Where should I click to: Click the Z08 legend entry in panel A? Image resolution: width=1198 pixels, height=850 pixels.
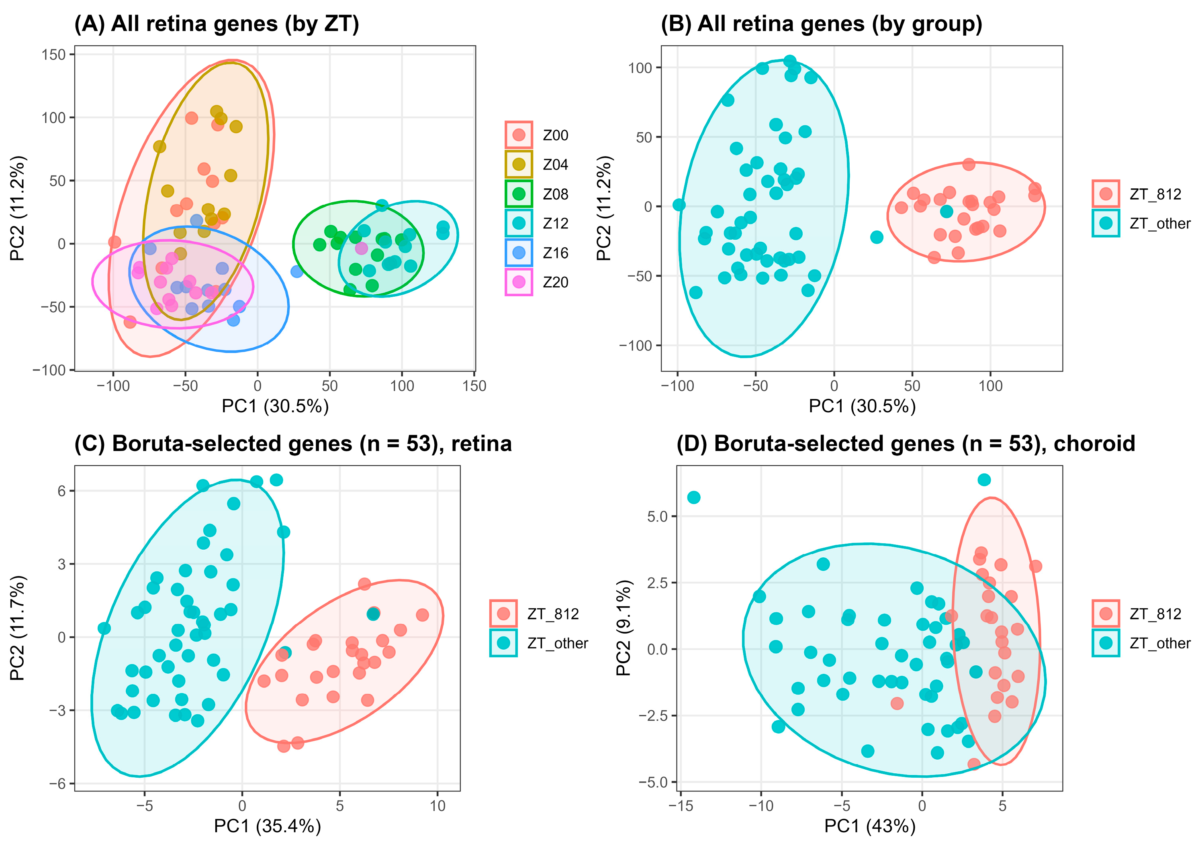coord(537,194)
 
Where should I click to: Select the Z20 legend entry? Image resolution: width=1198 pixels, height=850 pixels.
coord(537,282)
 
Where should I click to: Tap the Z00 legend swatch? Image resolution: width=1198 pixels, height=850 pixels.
coord(519,135)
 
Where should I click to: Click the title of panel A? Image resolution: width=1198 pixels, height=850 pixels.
coord(217,24)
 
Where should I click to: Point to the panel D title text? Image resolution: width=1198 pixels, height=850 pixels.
coord(906,443)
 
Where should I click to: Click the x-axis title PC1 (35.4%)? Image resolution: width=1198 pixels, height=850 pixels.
coord(268,826)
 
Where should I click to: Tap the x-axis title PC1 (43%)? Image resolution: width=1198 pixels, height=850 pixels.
coord(870,826)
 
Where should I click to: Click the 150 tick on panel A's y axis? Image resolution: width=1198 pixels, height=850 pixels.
coord(54,55)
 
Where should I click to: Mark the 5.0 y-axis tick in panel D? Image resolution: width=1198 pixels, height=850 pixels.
coord(657,516)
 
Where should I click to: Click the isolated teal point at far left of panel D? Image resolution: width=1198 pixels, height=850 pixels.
coord(694,497)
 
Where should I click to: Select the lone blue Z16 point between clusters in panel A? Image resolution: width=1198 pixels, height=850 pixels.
coord(297,271)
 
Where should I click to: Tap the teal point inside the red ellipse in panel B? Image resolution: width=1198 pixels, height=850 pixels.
coord(946,212)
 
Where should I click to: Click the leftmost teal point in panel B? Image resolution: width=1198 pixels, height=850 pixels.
coord(679,205)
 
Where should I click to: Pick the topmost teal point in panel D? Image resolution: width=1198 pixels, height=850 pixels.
coord(984,480)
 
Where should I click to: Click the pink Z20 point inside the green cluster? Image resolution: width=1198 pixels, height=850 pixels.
coord(361,248)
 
